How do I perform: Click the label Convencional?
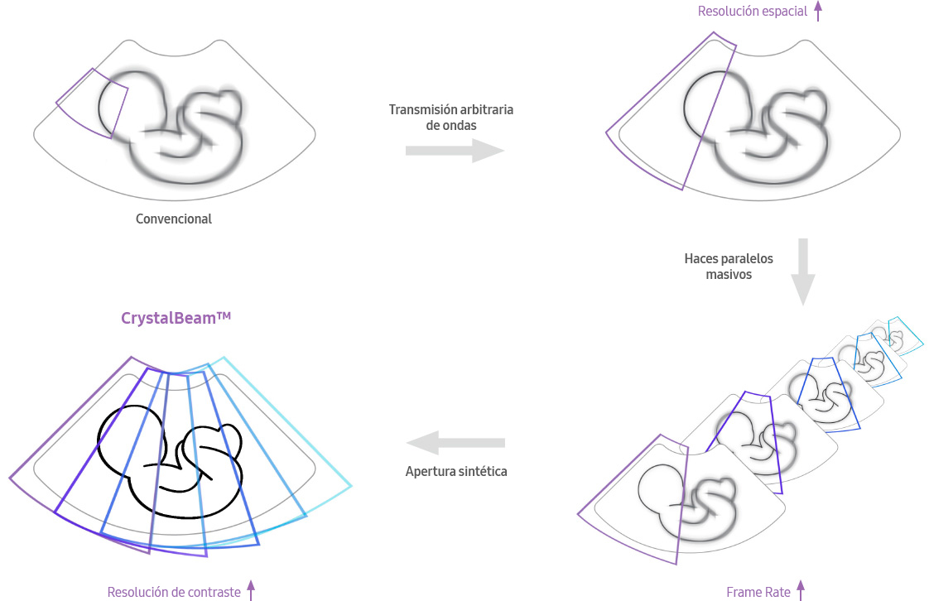(174, 219)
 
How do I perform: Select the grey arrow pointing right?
(455, 151)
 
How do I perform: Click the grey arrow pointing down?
(802, 272)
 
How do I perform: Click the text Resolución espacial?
(753, 12)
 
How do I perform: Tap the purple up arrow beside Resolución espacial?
(818, 11)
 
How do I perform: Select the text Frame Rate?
(758, 592)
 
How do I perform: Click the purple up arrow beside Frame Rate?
(800, 590)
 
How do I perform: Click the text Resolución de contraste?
(174, 592)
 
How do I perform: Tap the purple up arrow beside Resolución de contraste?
(251, 590)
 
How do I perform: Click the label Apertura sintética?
(455, 472)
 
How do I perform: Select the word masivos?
(729, 274)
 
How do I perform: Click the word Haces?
(700, 258)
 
